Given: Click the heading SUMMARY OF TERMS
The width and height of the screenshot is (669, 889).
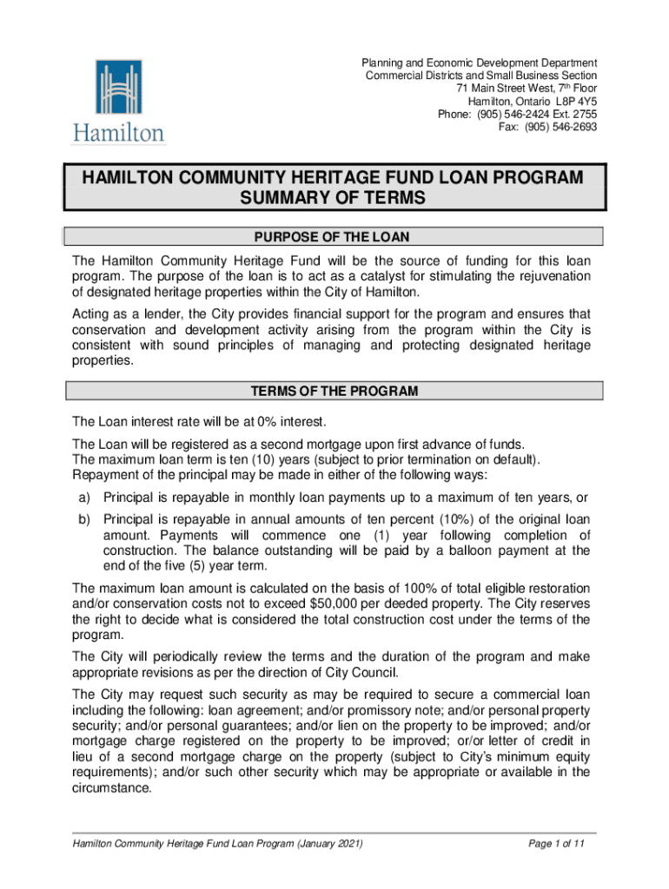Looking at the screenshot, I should pos(333,199).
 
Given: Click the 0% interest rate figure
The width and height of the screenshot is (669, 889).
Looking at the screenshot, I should pos(245,422).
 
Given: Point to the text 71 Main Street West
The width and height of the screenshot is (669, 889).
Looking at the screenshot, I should pos(507,89).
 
